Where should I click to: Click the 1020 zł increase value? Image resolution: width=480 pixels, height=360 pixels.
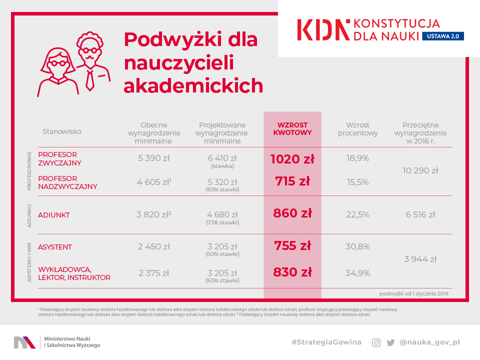[x=292, y=159]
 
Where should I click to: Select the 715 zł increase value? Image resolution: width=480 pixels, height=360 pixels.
[x=292, y=181]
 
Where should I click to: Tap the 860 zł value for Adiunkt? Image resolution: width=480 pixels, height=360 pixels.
[x=292, y=213]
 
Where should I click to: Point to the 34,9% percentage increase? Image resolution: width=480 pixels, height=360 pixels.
[x=358, y=273]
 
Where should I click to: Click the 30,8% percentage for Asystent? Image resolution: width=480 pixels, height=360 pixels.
[x=358, y=246]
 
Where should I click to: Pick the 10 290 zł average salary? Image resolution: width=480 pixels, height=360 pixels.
[x=420, y=170]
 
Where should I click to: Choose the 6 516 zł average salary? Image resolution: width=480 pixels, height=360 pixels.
[x=420, y=214]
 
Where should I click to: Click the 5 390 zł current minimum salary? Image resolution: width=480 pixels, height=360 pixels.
[x=154, y=158]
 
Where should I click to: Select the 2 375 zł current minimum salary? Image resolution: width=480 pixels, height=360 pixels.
[x=154, y=273]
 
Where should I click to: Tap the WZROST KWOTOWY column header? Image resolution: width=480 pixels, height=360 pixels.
[x=292, y=129]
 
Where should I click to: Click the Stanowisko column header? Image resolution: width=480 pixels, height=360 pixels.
[x=61, y=131]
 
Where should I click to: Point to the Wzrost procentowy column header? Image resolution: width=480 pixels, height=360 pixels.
[x=358, y=129]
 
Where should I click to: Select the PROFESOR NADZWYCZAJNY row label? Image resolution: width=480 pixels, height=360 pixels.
[x=67, y=182]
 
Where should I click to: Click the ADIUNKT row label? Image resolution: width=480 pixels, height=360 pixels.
[x=54, y=215]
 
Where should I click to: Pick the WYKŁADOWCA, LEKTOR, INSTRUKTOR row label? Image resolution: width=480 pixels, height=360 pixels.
[x=74, y=273]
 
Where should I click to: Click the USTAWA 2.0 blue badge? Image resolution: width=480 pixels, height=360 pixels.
[x=443, y=36]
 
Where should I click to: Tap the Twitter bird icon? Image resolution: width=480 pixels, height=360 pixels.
[x=390, y=342]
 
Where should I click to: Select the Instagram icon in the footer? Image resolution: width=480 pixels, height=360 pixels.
[x=376, y=342]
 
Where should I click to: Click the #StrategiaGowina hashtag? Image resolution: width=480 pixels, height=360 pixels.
[x=326, y=342]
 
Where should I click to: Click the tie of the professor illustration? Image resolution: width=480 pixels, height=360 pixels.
[x=89, y=80]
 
